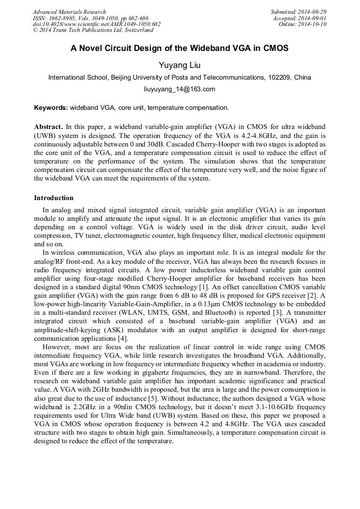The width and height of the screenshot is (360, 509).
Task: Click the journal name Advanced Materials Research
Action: pos(70,12)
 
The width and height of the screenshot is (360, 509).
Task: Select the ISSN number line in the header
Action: pos(90,18)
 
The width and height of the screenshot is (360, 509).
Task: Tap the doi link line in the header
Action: pos(97,24)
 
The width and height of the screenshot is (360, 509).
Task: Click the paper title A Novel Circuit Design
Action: pos(179,48)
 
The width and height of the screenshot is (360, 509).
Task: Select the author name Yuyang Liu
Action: pos(179,64)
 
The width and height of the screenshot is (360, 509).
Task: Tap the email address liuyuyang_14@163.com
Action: pos(179,89)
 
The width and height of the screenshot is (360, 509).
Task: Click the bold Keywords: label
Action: pos(51,108)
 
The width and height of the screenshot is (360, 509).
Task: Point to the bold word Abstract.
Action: pos(48,127)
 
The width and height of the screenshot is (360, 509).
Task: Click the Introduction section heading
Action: pos(54,198)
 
